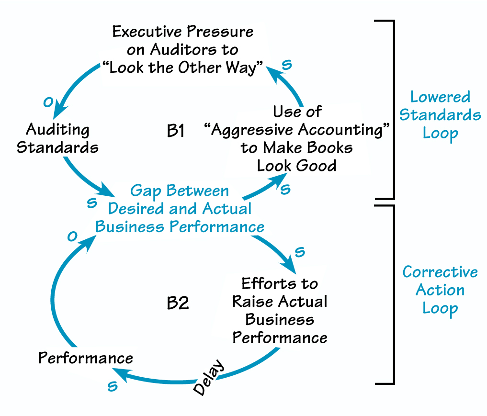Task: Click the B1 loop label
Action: tap(176, 130)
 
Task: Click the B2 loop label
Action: tap(178, 303)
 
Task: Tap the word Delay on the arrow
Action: tap(209, 378)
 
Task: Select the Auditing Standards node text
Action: tap(57, 138)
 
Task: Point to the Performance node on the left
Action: tap(86, 358)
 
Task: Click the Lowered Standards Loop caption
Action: tap(440, 115)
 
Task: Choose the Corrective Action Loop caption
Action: tap(440, 290)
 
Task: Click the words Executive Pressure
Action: tap(182, 32)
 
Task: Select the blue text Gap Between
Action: tap(180, 191)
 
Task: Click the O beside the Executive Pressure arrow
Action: tap(47, 102)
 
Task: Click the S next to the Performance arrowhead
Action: tap(112, 386)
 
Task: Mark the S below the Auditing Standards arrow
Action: tap(91, 203)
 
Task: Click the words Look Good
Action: tap(296, 165)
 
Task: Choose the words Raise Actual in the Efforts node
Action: tap(280, 302)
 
